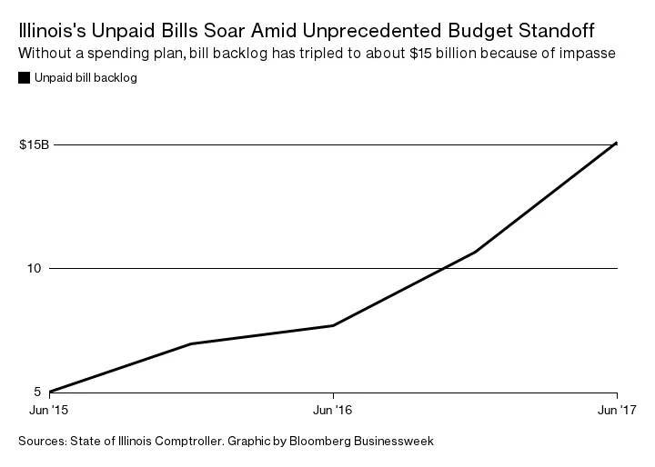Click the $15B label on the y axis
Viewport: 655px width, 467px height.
(34, 144)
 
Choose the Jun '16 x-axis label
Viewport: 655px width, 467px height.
(333, 411)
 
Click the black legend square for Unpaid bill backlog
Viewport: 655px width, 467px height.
(23, 78)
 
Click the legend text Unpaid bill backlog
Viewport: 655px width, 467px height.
(85, 78)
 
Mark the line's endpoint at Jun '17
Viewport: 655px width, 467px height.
(617, 143)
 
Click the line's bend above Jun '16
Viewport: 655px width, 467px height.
(333, 325)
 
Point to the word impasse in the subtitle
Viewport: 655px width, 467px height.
(592, 52)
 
